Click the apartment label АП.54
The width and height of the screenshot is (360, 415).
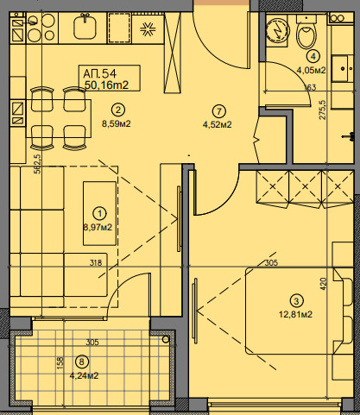click(99, 74)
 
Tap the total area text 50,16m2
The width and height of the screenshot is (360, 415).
click(106, 85)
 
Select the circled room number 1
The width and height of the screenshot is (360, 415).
click(100, 213)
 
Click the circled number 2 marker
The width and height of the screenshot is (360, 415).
click(117, 110)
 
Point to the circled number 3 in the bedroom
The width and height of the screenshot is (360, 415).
click(297, 301)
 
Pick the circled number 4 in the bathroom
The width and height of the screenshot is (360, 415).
click(313, 56)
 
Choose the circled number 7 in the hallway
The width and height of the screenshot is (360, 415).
click(219, 111)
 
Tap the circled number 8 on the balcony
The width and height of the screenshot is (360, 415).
click(82, 362)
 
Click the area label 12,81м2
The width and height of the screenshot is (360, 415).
click(295, 314)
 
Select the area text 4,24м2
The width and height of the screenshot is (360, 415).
click(84, 375)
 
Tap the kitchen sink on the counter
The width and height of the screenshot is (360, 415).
click(85, 28)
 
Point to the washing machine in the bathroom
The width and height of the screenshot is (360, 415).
click(278, 31)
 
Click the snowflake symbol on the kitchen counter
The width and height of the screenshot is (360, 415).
click(148, 28)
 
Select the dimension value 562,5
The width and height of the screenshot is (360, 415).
click(37, 164)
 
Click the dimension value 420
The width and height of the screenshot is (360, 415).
click(323, 284)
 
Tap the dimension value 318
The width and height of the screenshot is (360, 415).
click(96, 262)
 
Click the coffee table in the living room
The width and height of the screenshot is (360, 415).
click(99, 213)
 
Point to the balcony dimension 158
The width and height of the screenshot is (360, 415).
click(60, 363)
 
